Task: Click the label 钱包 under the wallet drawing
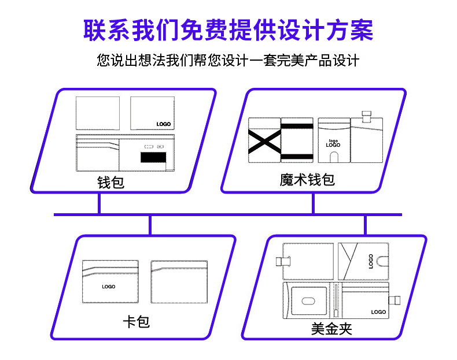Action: click(110, 183)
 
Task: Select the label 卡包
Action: click(137, 321)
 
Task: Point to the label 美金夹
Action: click(331, 329)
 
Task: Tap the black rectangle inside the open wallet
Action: click(152, 157)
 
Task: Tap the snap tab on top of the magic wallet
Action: click(366, 116)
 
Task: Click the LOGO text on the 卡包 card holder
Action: click(109, 287)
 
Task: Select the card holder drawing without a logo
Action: click(179, 281)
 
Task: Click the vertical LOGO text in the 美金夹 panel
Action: click(371, 262)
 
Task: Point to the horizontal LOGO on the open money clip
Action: click(378, 312)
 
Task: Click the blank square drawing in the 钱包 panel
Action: click(98, 113)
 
